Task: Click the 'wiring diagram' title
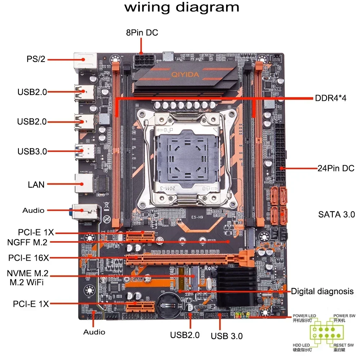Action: [181, 8]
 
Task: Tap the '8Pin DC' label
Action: [142, 33]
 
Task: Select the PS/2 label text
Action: [36, 59]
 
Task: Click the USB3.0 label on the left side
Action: [32, 151]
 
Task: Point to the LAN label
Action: [36, 185]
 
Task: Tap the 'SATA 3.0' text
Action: [336, 215]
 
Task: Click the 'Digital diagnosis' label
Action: [322, 291]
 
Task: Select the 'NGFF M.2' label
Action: [27, 242]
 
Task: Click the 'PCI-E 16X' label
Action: [29, 258]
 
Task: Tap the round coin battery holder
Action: [170, 303]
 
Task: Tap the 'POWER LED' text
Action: [305, 316]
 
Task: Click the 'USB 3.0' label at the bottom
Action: [226, 336]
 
